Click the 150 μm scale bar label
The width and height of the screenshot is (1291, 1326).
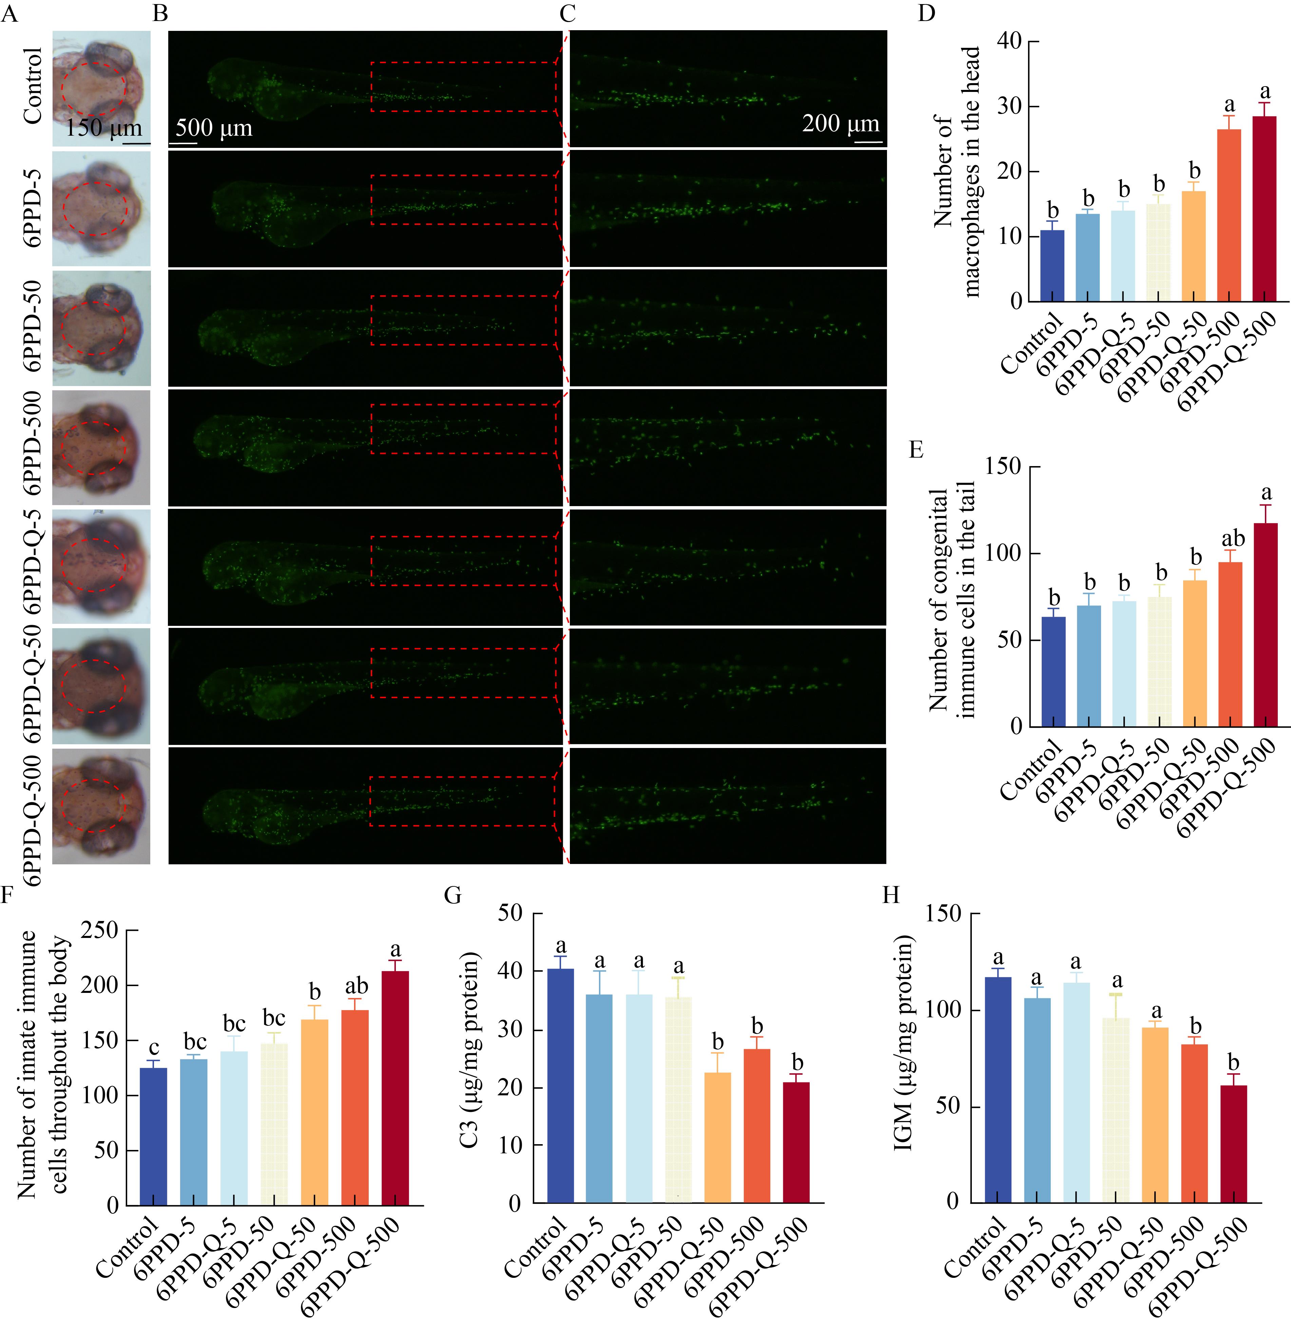(x=103, y=128)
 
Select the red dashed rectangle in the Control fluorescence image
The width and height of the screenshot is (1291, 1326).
(x=463, y=87)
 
